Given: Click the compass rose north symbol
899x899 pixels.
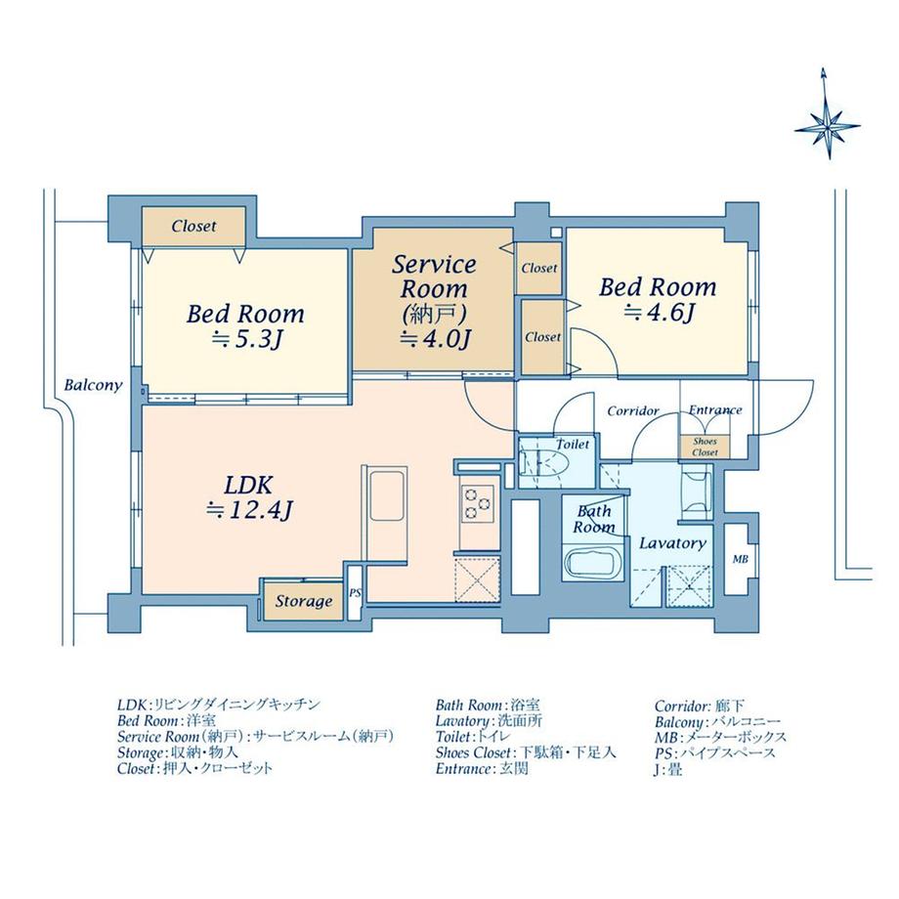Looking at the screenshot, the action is coord(828,114).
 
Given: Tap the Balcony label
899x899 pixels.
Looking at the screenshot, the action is coord(94,385).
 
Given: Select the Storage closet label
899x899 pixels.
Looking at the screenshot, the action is coord(304,601).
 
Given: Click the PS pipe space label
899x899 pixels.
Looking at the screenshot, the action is coord(355,593).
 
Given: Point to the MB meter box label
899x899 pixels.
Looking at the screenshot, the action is coord(740,559).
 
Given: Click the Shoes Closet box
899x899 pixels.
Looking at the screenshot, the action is coord(705,447).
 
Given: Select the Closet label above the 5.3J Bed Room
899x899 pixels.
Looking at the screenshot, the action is coord(193,226).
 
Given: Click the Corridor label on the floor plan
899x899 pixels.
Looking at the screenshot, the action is coord(633,410).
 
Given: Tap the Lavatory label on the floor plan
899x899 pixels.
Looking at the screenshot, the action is coord(672,543).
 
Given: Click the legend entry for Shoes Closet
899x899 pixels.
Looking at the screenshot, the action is coord(526,752).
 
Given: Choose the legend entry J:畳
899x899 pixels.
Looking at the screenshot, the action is coord(668,769).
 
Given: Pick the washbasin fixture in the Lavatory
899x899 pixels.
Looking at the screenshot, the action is coord(696,492).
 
